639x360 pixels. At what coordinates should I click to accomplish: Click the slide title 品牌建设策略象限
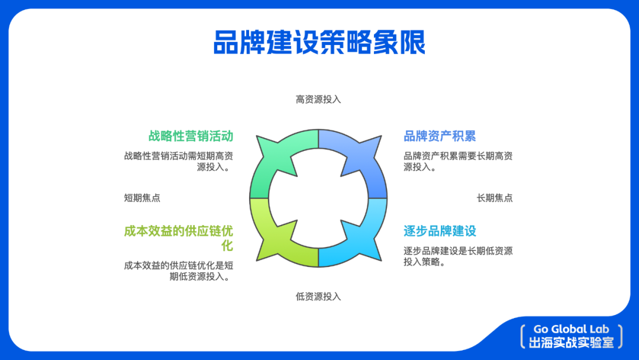coord(319,43)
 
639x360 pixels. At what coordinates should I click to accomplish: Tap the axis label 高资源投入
coord(318,99)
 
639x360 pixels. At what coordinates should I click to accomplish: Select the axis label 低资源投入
coord(318,297)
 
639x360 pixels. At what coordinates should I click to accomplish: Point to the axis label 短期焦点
coord(142,198)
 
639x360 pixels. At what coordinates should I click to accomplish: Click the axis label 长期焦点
coord(495,198)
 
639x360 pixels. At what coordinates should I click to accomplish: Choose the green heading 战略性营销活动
coord(191,136)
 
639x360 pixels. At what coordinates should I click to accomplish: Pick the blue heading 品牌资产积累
coord(440,136)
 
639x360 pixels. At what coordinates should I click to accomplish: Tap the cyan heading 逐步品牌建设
coord(440,231)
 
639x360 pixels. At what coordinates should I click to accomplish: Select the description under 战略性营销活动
coord(179,162)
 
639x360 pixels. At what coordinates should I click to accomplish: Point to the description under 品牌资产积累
coord(458,162)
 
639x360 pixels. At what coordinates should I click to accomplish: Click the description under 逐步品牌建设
coord(458,256)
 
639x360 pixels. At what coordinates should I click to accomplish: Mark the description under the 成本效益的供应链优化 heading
coord(179,271)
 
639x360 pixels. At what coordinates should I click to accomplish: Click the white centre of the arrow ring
coord(318,198)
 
